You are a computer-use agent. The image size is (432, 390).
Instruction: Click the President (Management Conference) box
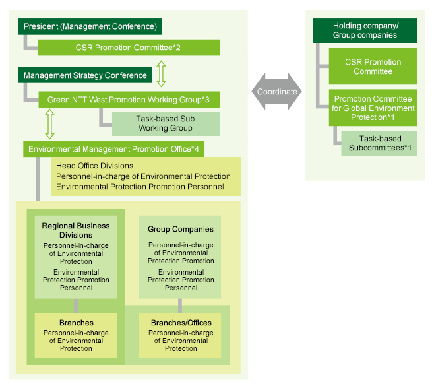point(90,27)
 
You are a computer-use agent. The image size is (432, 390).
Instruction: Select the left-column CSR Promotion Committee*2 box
point(128,48)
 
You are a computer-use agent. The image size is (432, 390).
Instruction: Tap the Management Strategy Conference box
point(86,75)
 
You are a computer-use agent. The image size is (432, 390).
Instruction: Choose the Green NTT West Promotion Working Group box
point(128,100)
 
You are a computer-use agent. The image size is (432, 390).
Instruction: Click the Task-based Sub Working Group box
point(166,123)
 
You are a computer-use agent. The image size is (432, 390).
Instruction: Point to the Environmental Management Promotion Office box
point(115,150)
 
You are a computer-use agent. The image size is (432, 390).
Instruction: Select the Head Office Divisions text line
point(95,166)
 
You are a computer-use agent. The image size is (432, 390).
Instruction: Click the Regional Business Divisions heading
point(76,230)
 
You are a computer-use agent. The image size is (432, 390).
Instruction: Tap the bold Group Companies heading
point(181,229)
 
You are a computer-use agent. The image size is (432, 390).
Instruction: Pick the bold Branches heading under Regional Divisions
point(76,323)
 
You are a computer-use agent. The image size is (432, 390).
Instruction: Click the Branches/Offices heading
point(181,323)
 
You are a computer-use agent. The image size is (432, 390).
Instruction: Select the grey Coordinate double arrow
point(277,91)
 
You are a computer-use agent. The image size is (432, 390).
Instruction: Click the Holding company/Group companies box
point(365,30)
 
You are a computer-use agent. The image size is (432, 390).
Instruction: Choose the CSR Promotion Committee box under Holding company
point(373,66)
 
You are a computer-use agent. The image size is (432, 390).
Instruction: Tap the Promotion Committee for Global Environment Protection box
point(373,108)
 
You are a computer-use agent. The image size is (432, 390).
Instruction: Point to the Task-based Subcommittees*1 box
point(379,143)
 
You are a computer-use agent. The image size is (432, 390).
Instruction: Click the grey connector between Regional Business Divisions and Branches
point(76,306)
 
